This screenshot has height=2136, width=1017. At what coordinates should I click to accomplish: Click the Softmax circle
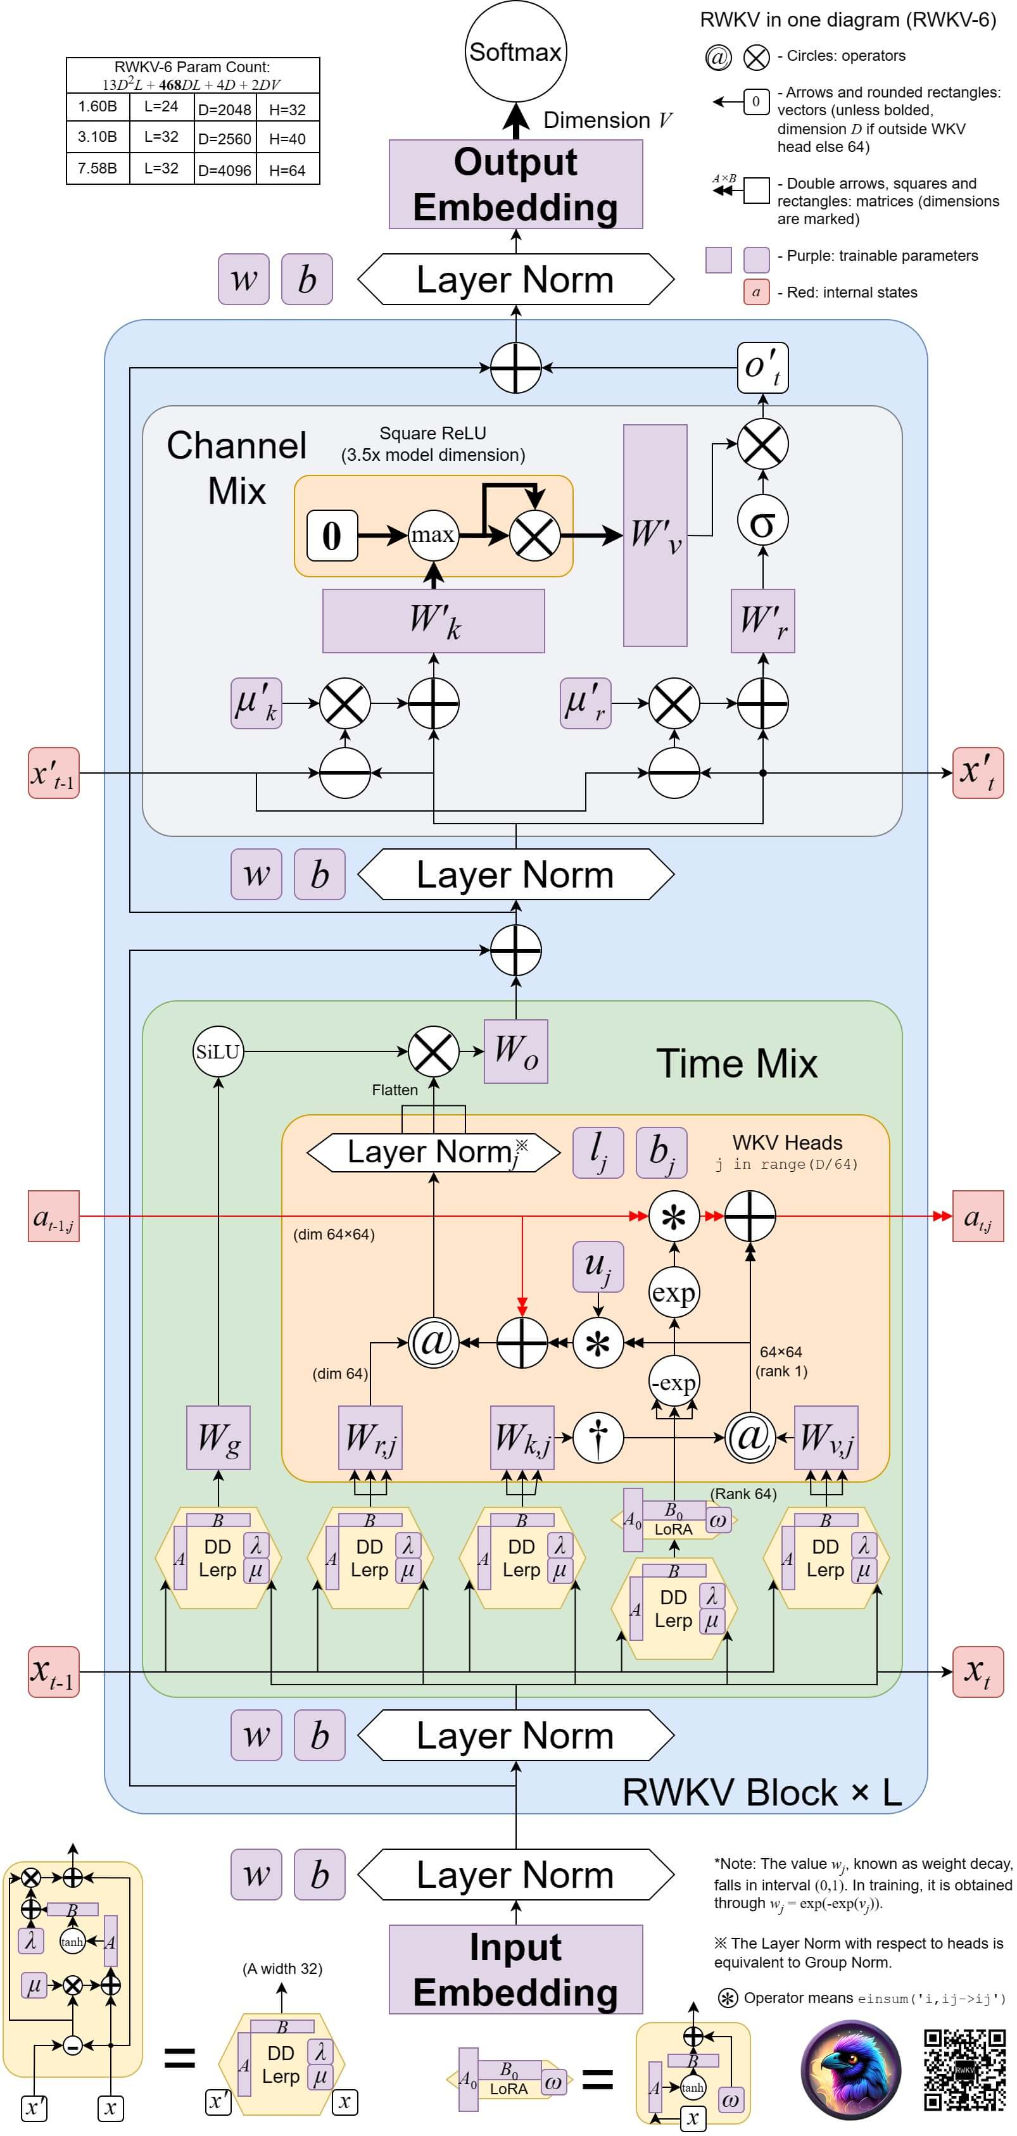pyautogui.click(x=515, y=51)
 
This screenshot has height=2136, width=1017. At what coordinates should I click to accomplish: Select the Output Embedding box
pyautogui.click(x=515, y=184)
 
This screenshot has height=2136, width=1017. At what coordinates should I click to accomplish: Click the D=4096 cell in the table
pyautogui.click(x=224, y=170)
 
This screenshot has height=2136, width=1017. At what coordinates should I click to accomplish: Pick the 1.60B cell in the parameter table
pyautogui.click(x=97, y=106)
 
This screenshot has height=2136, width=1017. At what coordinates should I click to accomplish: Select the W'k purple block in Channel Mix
pyautogui.click(x=433, y=620)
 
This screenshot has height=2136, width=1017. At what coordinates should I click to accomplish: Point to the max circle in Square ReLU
pyautogui.click(x=433, y=535)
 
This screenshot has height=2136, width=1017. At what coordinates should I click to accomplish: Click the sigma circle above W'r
pyautogui.click(x=762, y=521)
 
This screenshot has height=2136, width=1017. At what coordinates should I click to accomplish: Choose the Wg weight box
pyautogui.click(x=218, y=1437)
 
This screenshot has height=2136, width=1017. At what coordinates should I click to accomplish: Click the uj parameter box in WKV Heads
pyautogui.click(x=597, y=1266)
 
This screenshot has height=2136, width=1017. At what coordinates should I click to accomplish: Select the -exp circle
pyautogui.click(x=674, y=1382)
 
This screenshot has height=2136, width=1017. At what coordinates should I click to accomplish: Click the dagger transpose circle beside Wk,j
pyautogui.click(x=597, y=1437)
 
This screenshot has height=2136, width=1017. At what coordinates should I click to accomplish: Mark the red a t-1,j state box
pyautogui.click(x=54, y=1216)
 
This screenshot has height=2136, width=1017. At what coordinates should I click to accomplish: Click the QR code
pyautogui.click(x=964, y=2069)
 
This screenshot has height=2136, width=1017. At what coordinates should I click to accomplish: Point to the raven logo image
pyautogui.click(x=850, y=2069)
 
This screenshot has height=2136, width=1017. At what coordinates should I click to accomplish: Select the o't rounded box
pyautogui.click(x=762, y=367)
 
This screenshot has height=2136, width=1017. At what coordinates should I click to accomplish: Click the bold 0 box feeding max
pyautogui.click(x=332, y=536)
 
